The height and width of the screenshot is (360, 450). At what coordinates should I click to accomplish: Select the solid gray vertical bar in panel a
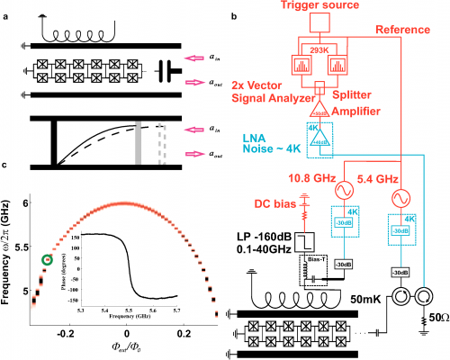pyautogui.click(x=139, y=139)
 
